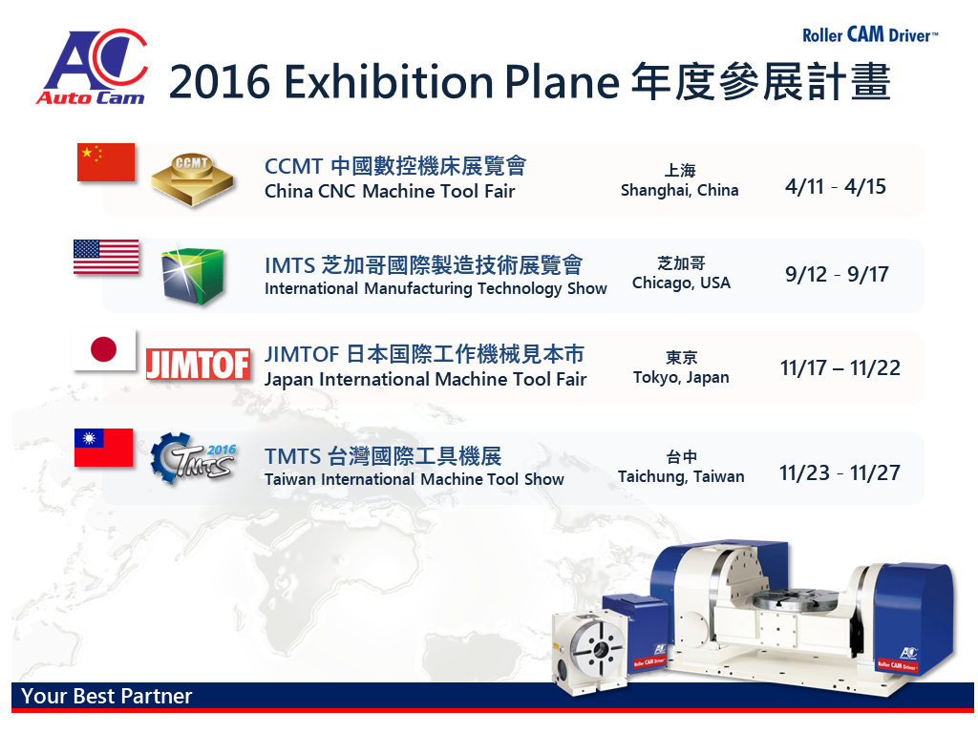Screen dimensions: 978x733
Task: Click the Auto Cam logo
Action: click(x=93, y=67)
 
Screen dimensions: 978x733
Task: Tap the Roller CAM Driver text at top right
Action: click(x=869, y=35)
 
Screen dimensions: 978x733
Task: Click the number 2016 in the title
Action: click(x=220, y=82)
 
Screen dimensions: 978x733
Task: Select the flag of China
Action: click(x=106, y=162)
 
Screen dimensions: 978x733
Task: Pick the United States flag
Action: click(x=106, y=257)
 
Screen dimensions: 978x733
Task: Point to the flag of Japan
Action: click(x=104, y=350)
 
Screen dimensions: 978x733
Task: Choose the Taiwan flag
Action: click(x=103, y=448)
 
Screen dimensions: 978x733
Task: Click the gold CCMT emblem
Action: click(x=193, y=180)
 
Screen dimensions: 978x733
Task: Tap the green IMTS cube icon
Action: click(x=192, y=275)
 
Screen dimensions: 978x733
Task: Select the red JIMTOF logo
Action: click(x=199, y=364)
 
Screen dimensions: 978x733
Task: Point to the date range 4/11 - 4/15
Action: click(x=835, y=186)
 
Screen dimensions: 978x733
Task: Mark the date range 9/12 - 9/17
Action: click(x=837, y=274)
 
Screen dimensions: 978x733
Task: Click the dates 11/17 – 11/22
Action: click(x=840, y=367)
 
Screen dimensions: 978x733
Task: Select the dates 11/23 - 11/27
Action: click(x=840, y=473)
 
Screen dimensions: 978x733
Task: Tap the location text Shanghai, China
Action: click(x=679, y=191)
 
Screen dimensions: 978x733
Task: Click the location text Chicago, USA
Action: click(x=681, y=283)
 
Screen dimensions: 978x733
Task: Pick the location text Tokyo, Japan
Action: click(x=681, y=378)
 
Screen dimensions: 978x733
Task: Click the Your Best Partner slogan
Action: click(x=107, y=696)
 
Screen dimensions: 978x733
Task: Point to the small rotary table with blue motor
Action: click(x=608, y=642)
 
